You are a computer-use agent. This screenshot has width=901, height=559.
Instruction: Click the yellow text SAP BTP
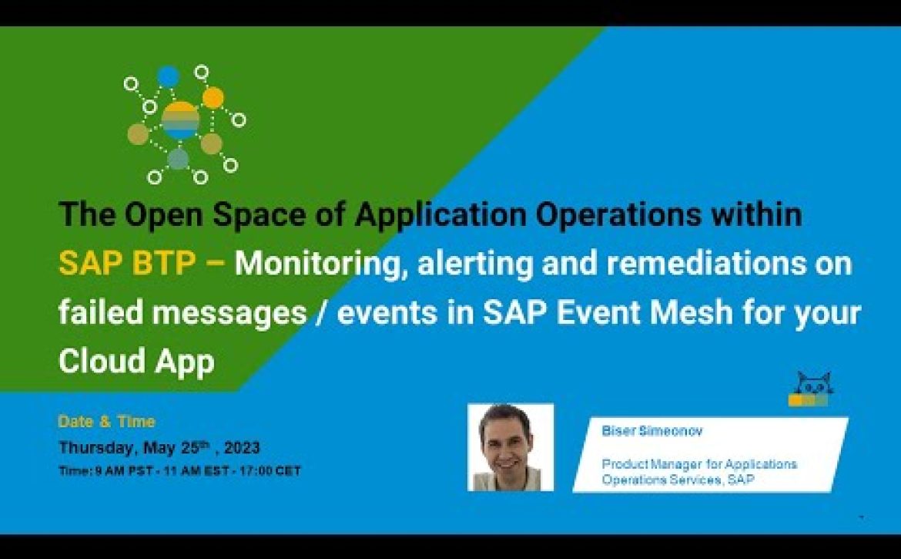point(127,264)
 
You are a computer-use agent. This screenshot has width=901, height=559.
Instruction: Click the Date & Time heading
point(107,422)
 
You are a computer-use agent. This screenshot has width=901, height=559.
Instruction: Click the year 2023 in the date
point(242,447)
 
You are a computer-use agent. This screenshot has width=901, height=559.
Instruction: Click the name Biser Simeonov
point(651,431)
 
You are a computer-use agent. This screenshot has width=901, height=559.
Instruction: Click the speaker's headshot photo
point(511,447)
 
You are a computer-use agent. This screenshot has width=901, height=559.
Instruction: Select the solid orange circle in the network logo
point(213,97)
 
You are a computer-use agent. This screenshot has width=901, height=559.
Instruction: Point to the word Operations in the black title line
point(618,214)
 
